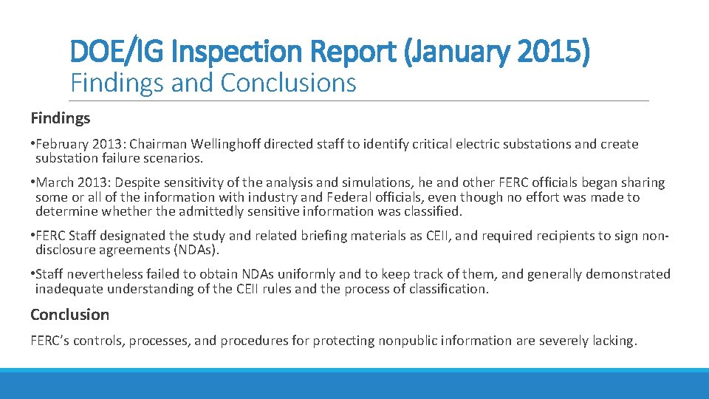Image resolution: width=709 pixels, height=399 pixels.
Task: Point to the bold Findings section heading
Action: (x=61, y=117)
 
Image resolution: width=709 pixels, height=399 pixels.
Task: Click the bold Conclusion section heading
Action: (x=69, y=314)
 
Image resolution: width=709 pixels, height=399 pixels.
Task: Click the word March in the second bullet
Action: (x=53, y=183)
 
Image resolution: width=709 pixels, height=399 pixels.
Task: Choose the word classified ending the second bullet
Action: (x=434, y=211)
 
